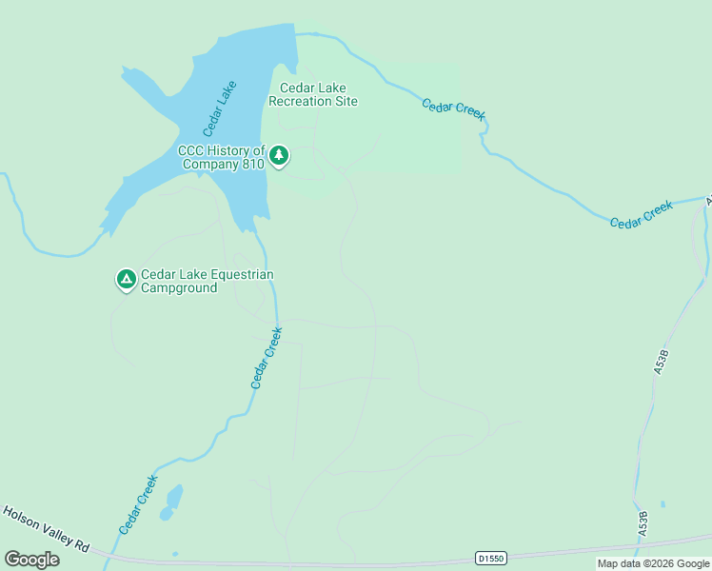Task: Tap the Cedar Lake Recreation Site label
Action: (313, 93)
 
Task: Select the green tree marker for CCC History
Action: (278, 155)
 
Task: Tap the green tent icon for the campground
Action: (126, 280)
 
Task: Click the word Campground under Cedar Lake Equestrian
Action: (179, 287)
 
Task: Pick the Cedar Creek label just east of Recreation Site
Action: (454, 108)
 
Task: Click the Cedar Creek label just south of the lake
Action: (267, 358)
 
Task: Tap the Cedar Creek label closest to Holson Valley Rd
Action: (137, 504)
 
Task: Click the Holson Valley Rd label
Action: (46, 528)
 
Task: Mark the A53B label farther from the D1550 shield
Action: (663, 363)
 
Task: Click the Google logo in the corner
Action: (32, 559)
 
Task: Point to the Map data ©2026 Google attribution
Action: (653, 563)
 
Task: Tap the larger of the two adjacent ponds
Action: (174, 497)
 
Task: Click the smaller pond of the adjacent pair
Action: (167, 515)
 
